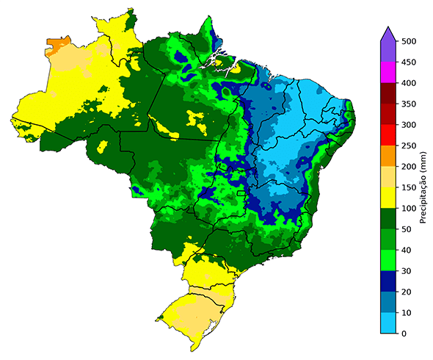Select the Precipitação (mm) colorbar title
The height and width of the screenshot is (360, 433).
pyautogui.click(x=424, y=187)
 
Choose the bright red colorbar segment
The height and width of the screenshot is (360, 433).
pyautogui.click(x=389, y=136)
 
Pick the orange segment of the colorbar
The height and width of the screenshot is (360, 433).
pyautogui.click(x=389, y=156)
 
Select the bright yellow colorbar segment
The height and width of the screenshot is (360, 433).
pyautogui.click(x=389, y=198)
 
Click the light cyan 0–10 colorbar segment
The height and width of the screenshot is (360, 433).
pyautogui.click(x=389, y=323)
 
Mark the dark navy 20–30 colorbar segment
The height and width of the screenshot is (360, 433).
pyautogui.click(x=389, y=281)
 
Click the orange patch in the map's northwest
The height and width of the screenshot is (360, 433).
pyautogui.click(x=57, y=46)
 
